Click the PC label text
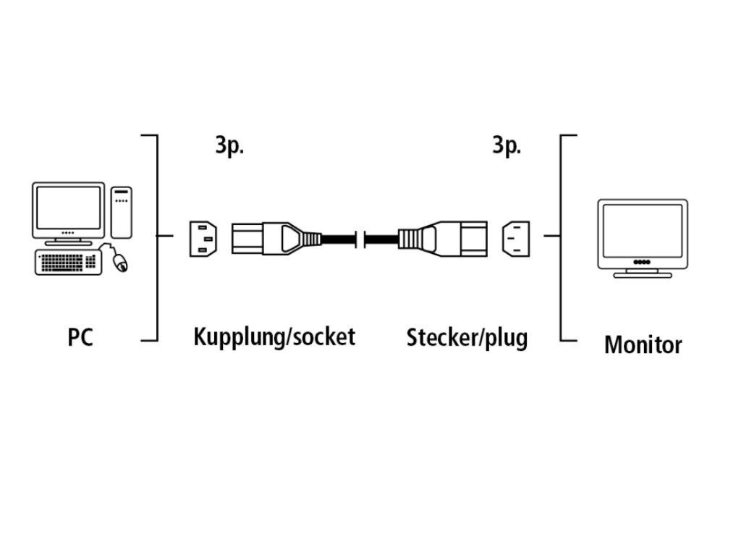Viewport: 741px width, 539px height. point(80,337)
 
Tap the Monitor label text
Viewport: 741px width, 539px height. point(643,344)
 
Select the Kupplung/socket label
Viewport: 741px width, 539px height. point(274,336)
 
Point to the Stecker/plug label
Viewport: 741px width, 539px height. point(467,337)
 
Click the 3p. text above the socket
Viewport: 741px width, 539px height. point(229,145)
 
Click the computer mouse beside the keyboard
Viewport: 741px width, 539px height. point(120,262)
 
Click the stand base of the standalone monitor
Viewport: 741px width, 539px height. point(642,274)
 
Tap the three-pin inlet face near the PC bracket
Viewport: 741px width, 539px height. point(202,237)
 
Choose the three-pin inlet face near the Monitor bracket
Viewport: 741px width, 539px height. point(515,237)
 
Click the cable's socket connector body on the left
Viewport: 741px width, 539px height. point(261,237)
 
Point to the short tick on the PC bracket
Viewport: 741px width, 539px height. point(166,236)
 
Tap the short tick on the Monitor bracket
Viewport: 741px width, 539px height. point(552,236)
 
